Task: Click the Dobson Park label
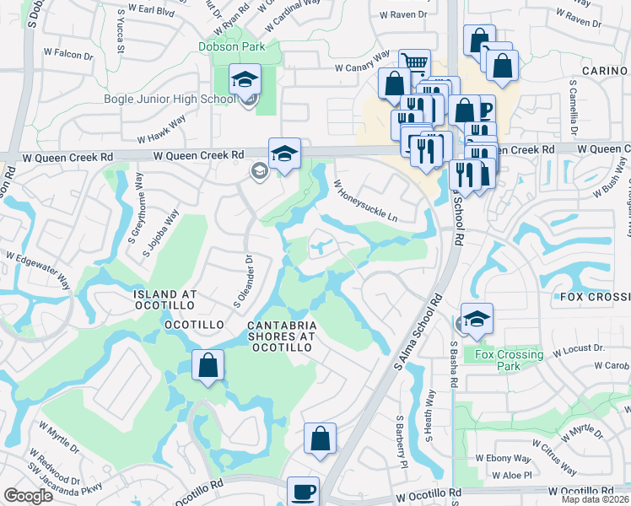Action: (230, 47)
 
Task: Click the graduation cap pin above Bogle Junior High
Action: (245, 80)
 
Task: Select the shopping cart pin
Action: (414, 63)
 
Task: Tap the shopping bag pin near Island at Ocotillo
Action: (208, 366)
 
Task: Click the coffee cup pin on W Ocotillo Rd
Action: (303, 492)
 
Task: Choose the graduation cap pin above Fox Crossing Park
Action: (477, 320)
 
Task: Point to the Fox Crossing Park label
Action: (508, 360)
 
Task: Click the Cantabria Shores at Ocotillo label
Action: (282, 336)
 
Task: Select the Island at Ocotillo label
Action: (164, 294)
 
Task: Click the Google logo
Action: (29, 496)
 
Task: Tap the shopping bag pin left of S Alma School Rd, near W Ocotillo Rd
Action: (320, 439)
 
